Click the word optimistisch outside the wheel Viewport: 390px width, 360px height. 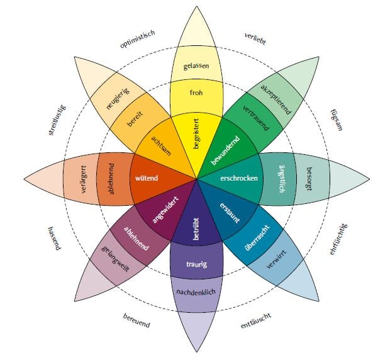coord(137,38)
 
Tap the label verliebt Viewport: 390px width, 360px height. coord(255,38)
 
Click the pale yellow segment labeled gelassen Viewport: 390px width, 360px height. coord(196,65)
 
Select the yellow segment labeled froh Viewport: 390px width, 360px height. coord(196,93)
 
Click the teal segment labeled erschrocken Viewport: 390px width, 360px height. coord(240,179)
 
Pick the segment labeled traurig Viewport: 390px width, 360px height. coord(196,264)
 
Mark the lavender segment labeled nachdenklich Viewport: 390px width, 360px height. coord(196,292)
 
